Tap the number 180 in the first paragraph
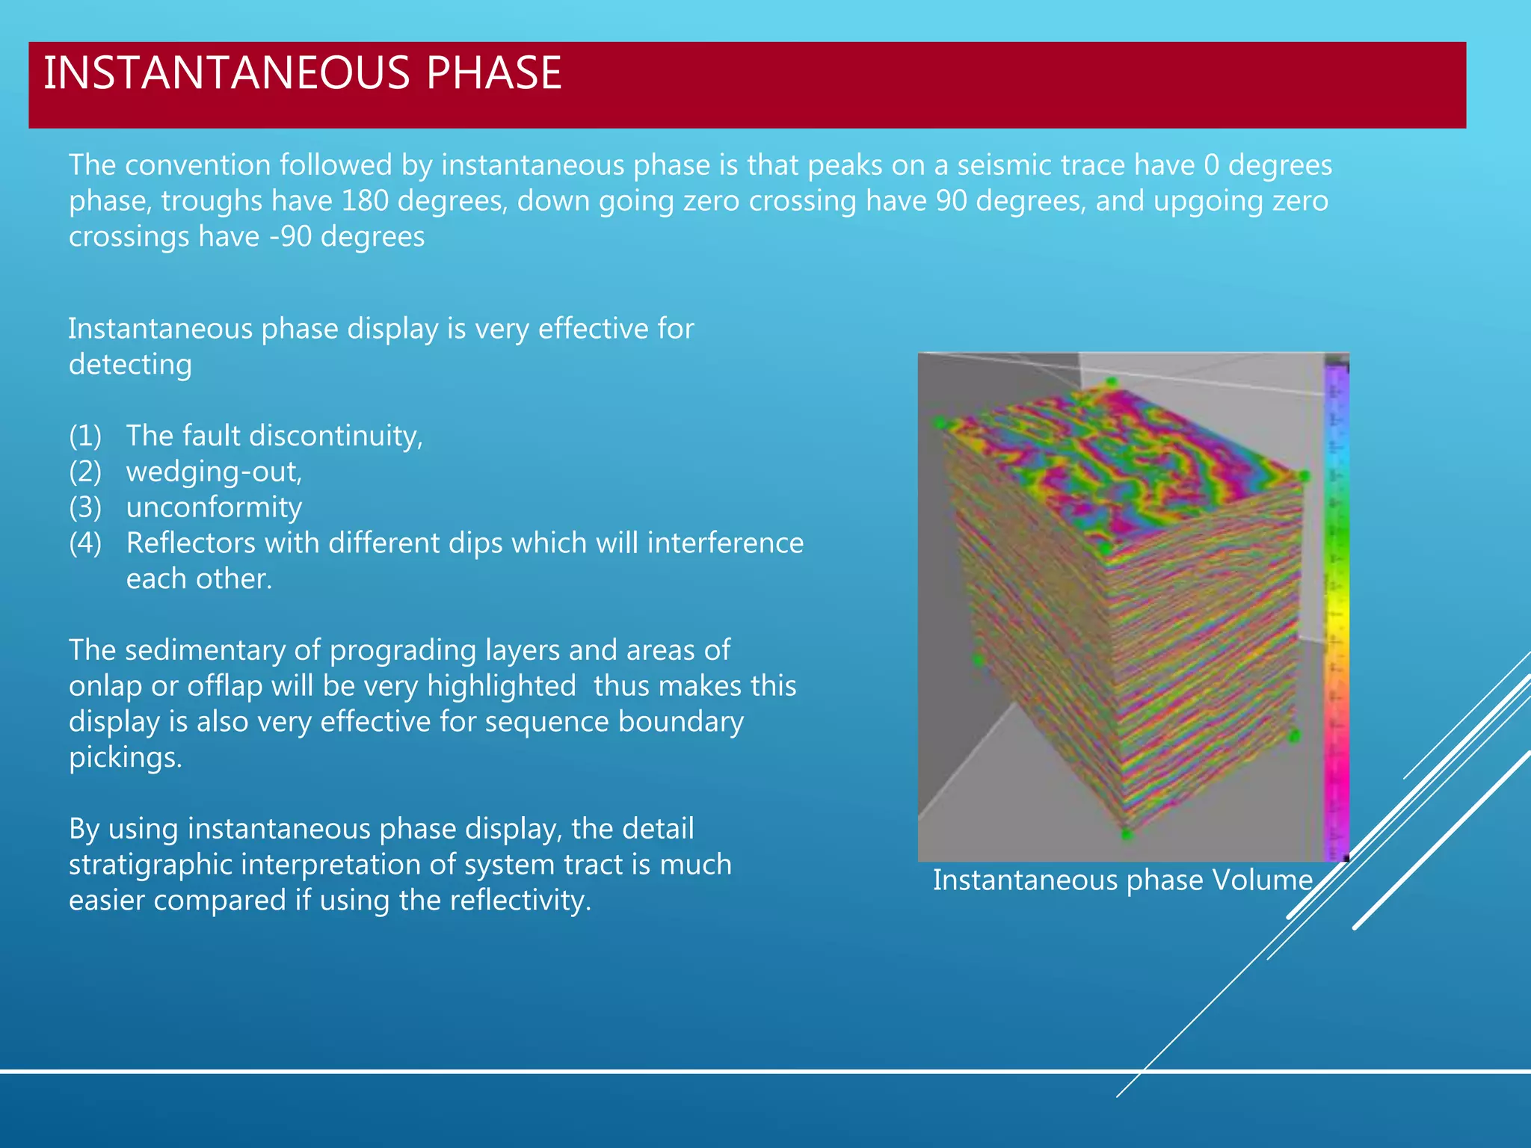click(364, 201)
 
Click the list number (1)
click(85, 436)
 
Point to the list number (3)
click(85, 507)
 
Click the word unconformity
click(214, 507)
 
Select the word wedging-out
click(214, 472)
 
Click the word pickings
click(125, 758)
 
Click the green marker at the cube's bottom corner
click(1127, 834)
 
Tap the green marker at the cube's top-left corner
click(940, 423)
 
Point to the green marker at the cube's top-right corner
click(1304, 475)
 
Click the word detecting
click(130, 365)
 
